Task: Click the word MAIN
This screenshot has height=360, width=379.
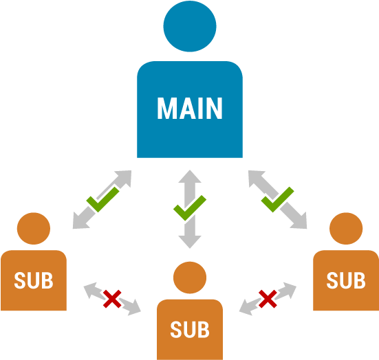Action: [x=189, y=109]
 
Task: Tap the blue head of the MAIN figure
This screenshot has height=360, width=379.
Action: [x=189, y=27]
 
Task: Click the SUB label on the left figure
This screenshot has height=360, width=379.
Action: [x=34, y=280]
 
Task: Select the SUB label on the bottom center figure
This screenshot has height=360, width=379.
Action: [x=189, y=330]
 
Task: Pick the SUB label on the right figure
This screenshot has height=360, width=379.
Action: [x=346, y=280]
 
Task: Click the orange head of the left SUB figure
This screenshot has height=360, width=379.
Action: [x=34, y=229]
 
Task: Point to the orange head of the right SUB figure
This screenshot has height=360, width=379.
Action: [x=346, y=229]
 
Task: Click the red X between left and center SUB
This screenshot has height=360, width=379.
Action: [x=112, y=298]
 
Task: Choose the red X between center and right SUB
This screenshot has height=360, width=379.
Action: [x=268, y=298]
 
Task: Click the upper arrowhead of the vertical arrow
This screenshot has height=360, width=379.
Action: [x=190, y=177]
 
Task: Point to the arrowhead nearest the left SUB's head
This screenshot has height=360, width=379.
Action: [x=79, y=221]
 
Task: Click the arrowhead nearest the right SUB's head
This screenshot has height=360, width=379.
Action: [x=300, y=221]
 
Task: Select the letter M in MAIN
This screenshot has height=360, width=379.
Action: [x=166, y=109]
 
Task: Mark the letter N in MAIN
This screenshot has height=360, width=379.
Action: [x=214, y=109]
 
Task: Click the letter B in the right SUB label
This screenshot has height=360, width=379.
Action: [x=359, y=280]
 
